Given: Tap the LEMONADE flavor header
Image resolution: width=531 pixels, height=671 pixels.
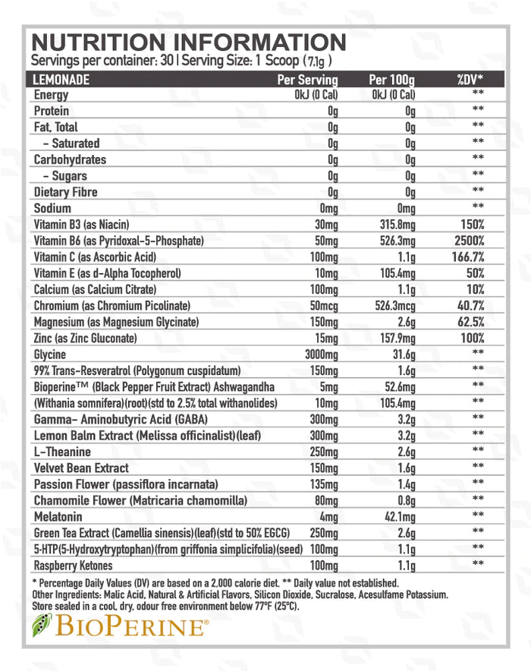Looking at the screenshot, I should tap(61, 79).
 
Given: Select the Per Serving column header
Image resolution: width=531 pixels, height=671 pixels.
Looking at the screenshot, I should tap(307, 79).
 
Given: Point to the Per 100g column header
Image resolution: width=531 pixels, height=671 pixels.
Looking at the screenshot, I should tap(393, 79).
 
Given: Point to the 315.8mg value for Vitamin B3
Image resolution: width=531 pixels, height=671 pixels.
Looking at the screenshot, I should tap(397, 225).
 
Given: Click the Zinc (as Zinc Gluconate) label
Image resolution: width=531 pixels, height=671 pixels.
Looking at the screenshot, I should tap(85, 338).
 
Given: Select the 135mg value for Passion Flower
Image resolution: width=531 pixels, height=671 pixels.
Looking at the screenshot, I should tap(323, 484).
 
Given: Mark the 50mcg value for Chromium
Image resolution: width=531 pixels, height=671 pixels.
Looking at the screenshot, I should tap(322, 306).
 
